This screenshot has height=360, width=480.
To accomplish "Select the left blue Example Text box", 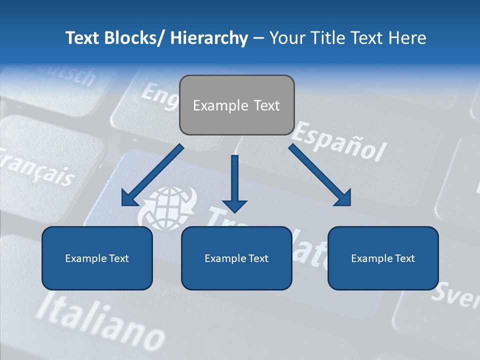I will point(97,258).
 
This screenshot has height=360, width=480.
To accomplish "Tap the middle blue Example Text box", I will point(236,258).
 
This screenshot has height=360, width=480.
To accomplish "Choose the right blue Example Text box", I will point(383,258).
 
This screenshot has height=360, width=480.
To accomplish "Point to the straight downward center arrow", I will point(234,183).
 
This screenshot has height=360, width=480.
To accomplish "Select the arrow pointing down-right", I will point(320,175).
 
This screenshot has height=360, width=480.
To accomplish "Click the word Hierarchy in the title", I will point(208,38).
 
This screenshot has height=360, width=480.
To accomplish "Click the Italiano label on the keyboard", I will point(100,320).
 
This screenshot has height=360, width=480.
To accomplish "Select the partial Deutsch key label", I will point(70,75).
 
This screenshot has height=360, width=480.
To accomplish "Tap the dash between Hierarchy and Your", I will point(258,38).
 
